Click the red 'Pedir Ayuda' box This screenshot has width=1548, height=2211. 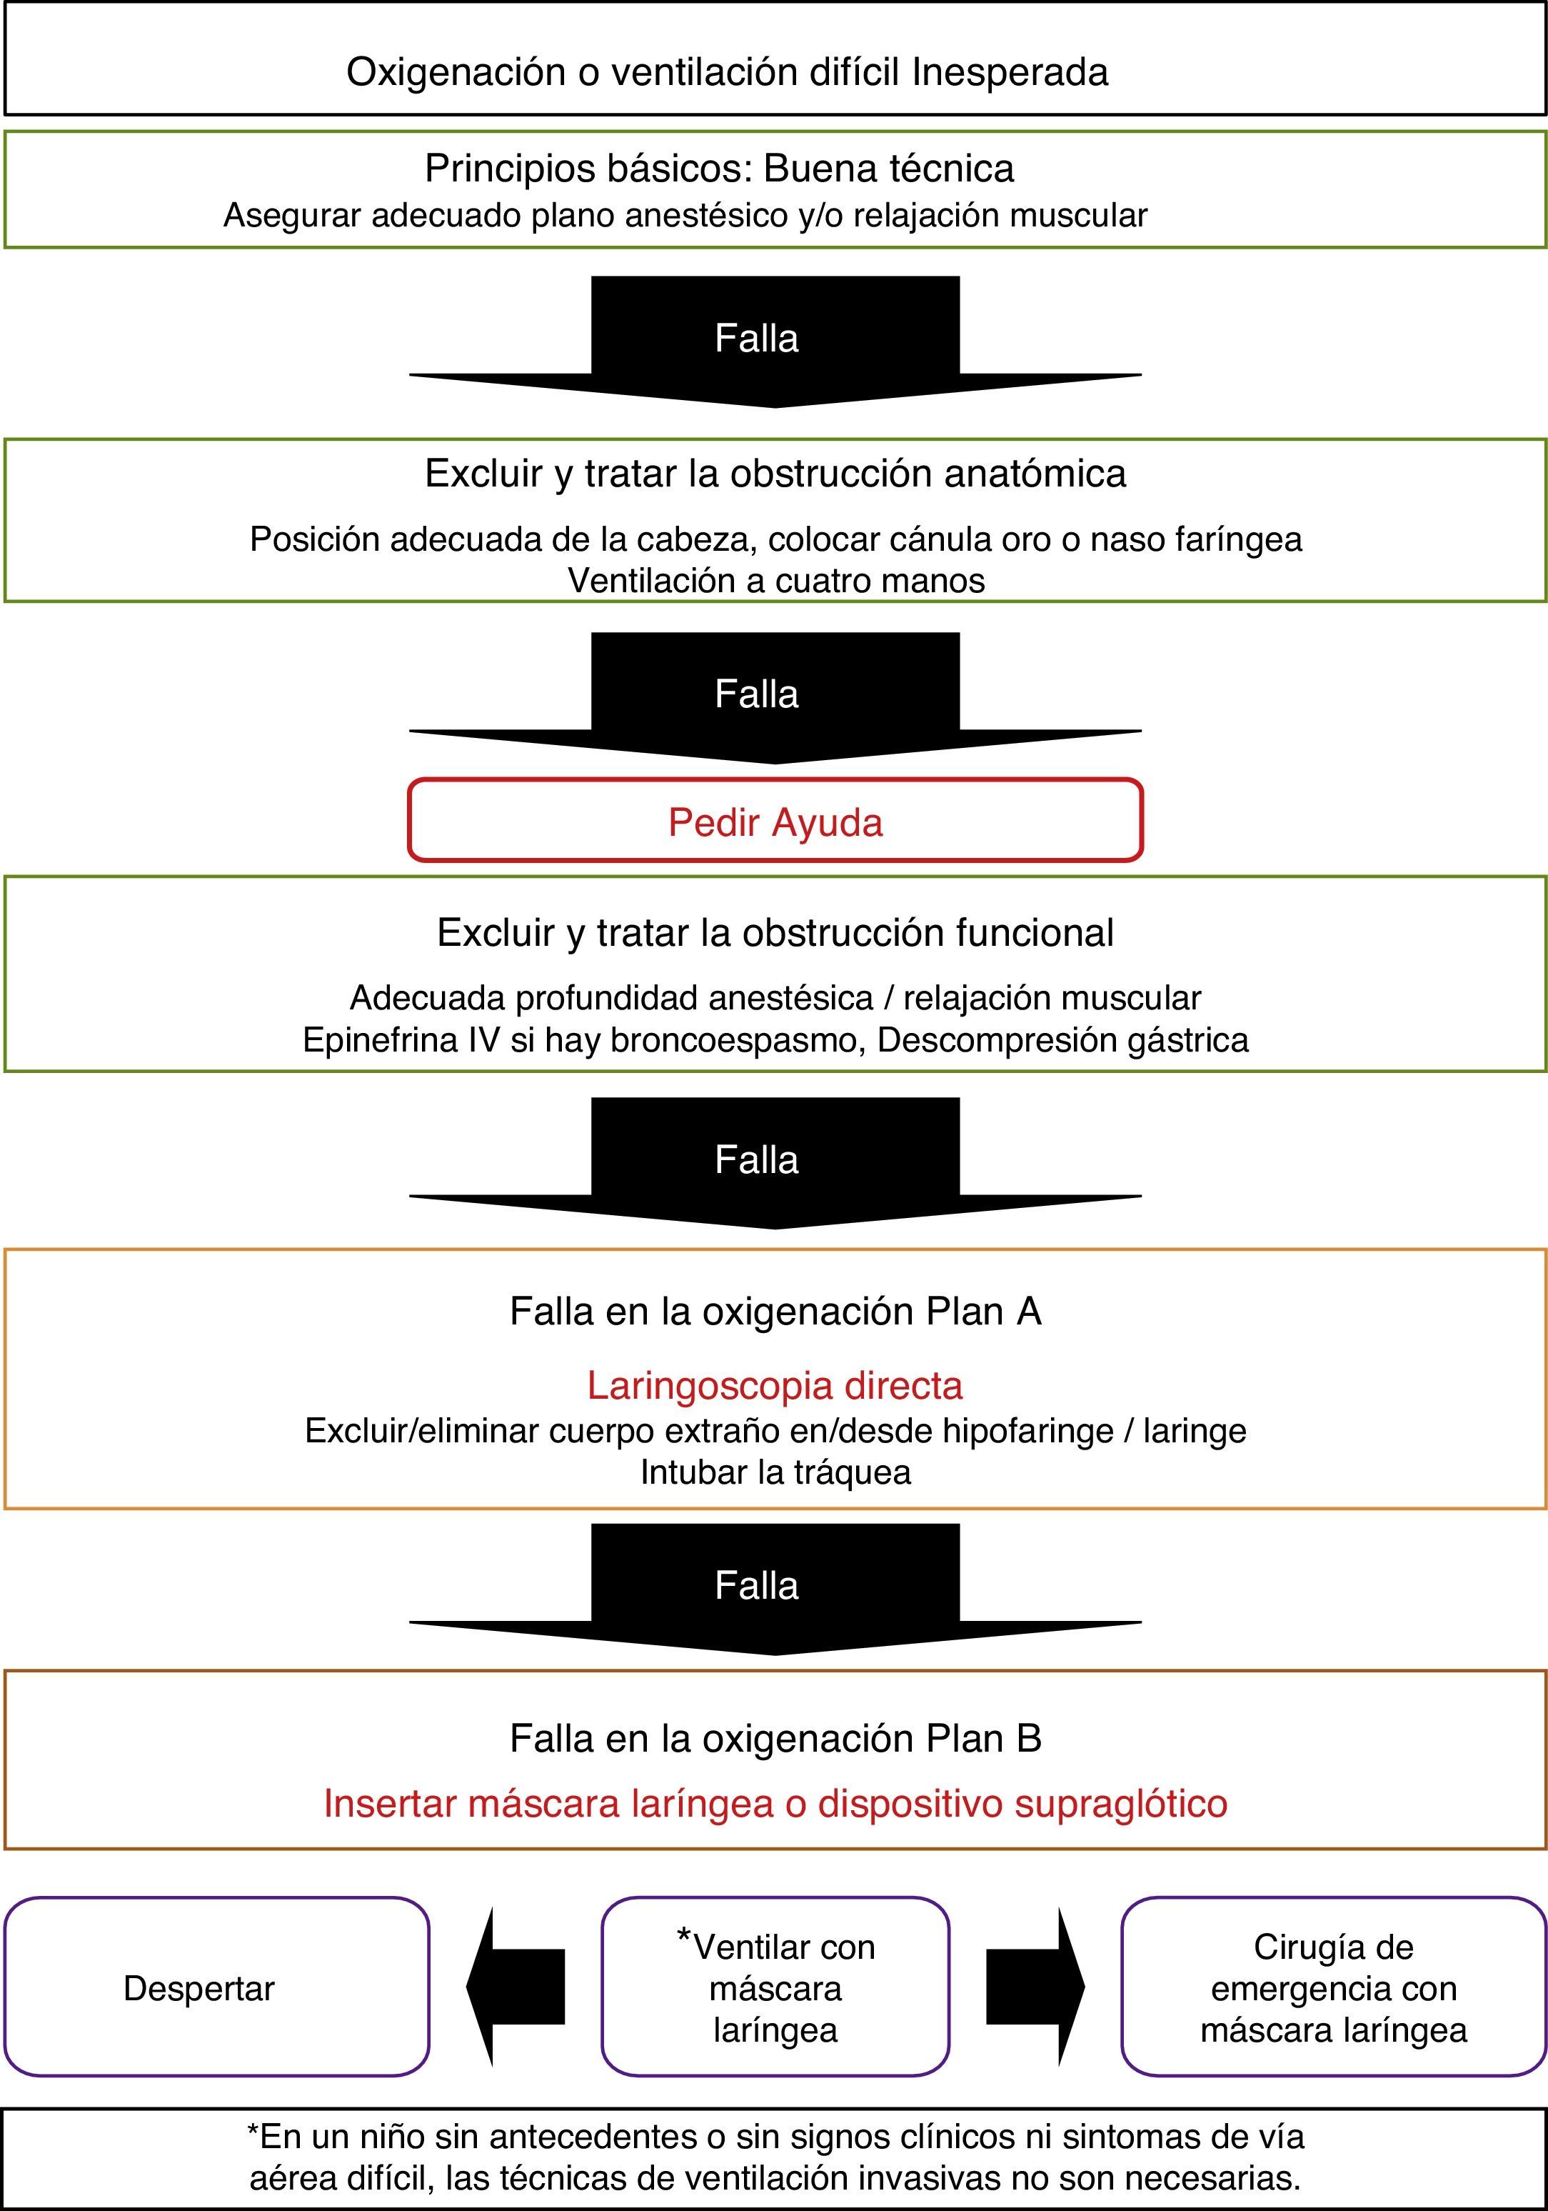click(775, 822)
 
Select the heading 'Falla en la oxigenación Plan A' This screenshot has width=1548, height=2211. click(775, 1312)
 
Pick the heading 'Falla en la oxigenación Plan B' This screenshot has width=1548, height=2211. click(775, 1738)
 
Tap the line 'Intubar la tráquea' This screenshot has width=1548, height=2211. click(775, 1472)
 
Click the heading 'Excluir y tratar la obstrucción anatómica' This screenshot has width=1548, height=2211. click(775, 474)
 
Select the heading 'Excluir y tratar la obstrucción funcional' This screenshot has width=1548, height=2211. click(775, 932)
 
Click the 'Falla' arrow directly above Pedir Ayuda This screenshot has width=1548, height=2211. click(775, 697)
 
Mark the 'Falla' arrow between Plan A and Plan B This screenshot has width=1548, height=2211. click(775, 1588)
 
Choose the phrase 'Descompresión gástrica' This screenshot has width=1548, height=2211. click(1062, 1040)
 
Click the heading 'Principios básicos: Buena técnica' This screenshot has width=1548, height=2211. click(719, 169)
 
